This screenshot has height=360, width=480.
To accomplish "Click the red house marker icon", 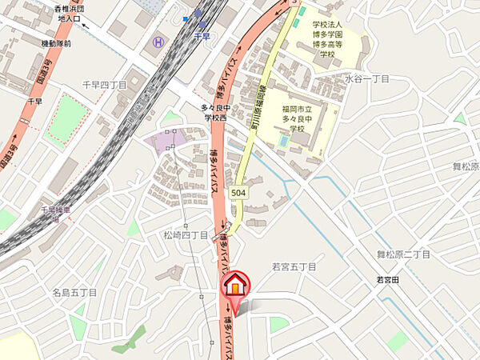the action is (x=235, y=286).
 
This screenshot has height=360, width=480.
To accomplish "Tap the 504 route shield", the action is (x=238, y=194).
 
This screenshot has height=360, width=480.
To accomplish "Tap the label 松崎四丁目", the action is (x=186, y=235).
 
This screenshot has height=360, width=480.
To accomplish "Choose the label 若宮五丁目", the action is (x=294, y=266).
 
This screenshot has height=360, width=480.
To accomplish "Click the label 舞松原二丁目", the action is (x=404, y=254).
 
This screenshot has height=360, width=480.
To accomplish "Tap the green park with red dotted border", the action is (x=66, y=119).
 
